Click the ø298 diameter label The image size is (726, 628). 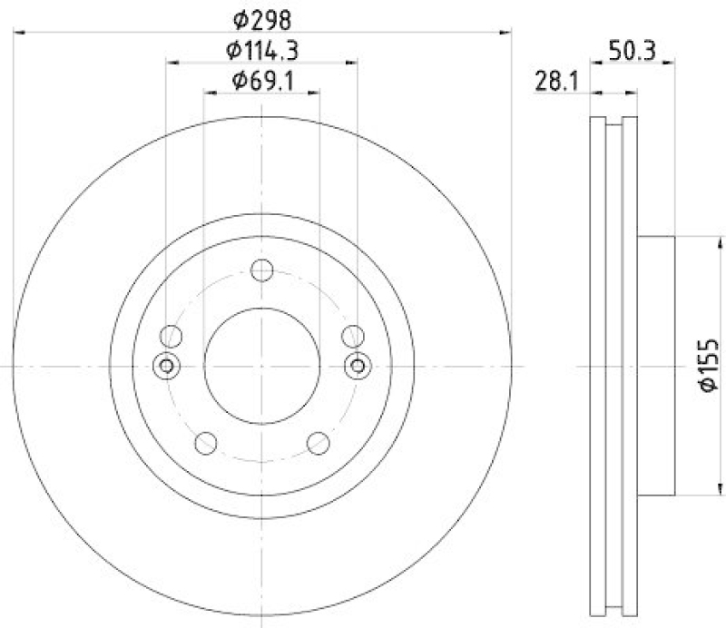tap(261, 17)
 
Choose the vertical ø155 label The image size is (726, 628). tap(709, 366)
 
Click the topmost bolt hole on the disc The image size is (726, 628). tap(261, 270)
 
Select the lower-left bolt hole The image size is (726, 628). tap(206, 443)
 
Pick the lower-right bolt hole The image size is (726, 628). tap(318, 443)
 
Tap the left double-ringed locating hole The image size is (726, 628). tap(165, 366)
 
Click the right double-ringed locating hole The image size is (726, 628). tap(358, 366)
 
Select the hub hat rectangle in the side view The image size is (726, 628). tap(655, 366)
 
